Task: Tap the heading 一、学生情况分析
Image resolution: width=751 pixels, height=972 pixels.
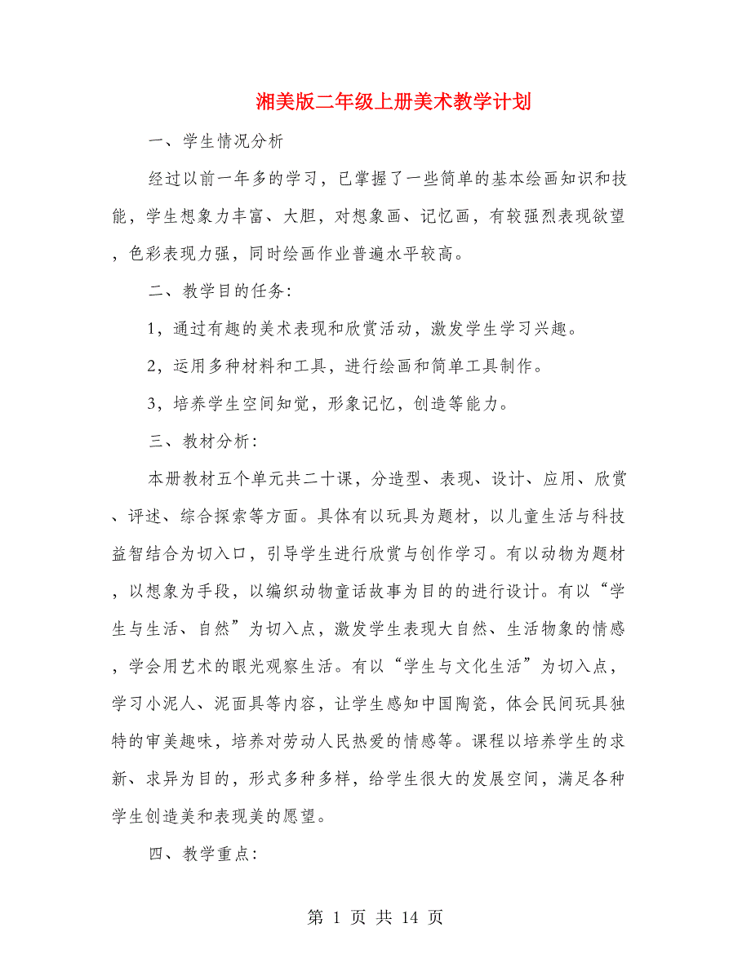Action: coord(216,141)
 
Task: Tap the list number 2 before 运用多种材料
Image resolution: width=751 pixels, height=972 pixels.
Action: coord(153,366)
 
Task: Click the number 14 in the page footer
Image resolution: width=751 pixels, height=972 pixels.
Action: coord(410,917)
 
